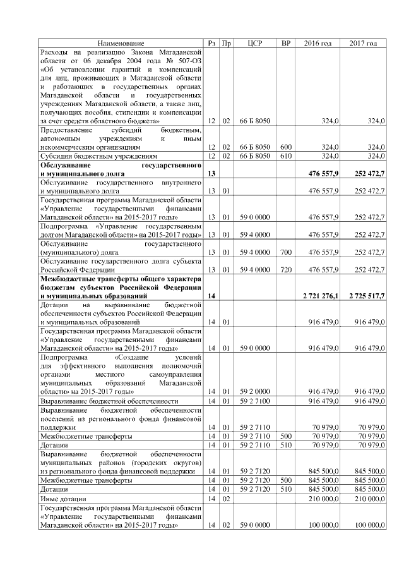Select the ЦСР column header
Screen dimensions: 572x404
[255, 43]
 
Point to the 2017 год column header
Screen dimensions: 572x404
[363, 43]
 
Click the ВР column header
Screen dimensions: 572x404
[285, 43]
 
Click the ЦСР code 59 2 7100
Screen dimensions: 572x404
[255, 401]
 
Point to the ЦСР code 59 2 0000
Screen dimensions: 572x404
[255, 392]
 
